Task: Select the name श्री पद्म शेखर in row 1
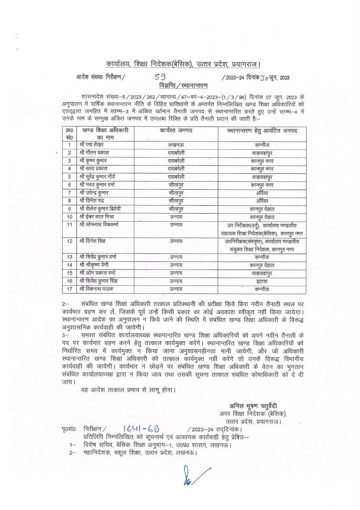94,144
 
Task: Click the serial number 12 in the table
70,241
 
